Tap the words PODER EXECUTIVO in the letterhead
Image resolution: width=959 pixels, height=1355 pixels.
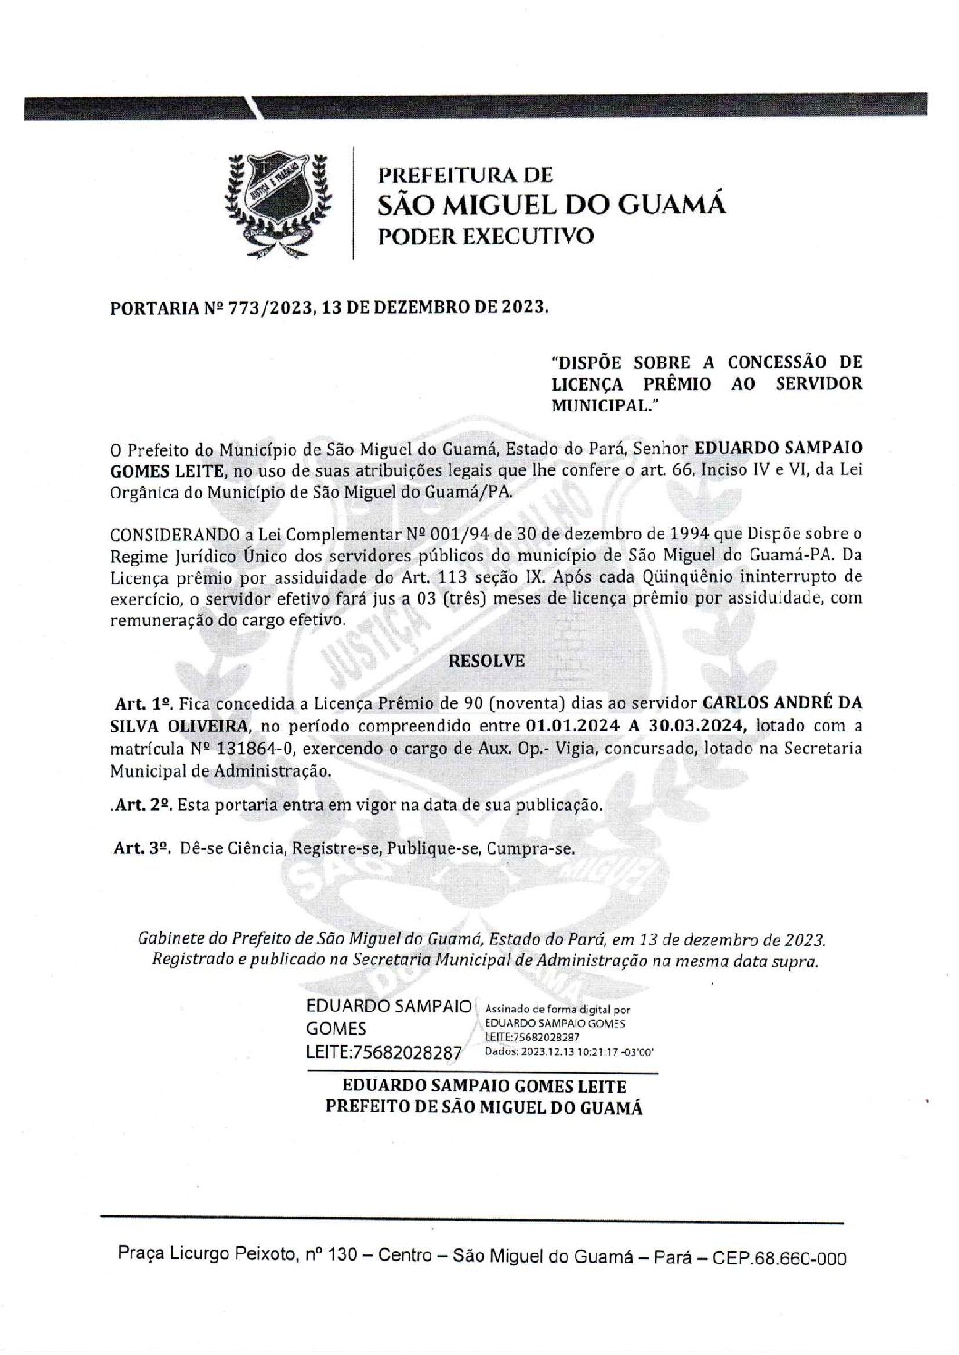(486, 237)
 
